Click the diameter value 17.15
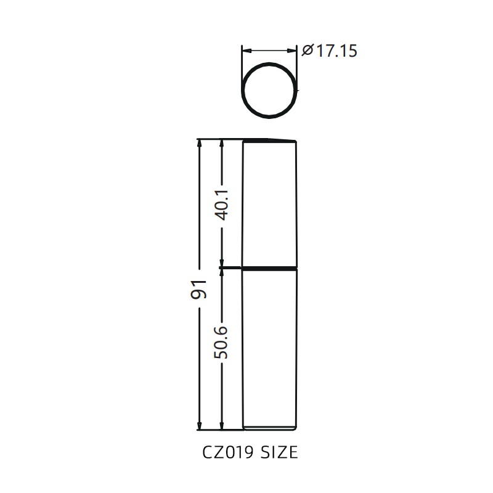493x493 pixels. point(337,51)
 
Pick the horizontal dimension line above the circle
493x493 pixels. point(269,51)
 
